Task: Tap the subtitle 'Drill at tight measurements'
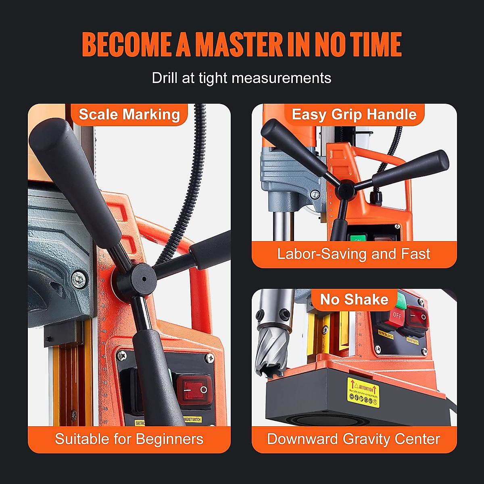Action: (241, 78)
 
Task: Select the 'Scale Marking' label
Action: (129, 115)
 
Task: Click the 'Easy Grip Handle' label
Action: (354, 115)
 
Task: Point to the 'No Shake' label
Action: (354, 300)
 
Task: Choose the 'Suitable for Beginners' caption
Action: (129, 439)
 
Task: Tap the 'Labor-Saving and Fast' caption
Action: (354, 254)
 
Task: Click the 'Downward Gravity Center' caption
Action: (354, 439)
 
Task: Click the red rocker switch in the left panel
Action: (195, 390)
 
